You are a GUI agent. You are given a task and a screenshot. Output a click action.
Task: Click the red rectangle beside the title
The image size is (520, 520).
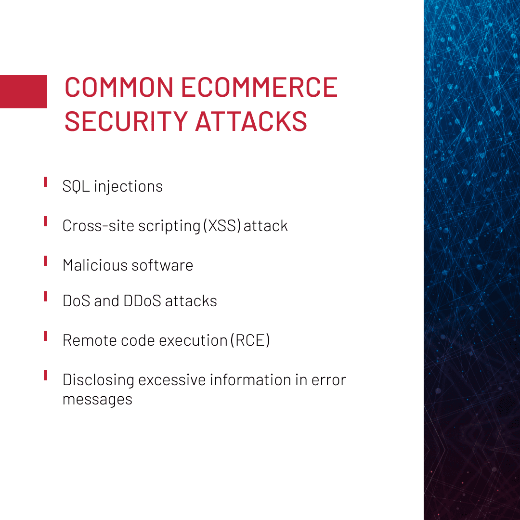24,91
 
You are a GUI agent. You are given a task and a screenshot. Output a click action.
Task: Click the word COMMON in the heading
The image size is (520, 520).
119,87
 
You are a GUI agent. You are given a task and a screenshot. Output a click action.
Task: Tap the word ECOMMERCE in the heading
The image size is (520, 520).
260,87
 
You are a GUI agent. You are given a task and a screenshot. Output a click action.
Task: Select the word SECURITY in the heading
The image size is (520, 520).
126,121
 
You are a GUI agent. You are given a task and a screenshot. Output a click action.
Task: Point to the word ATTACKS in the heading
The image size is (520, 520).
251,121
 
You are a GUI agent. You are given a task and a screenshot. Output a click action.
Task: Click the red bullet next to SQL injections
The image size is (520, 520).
45,182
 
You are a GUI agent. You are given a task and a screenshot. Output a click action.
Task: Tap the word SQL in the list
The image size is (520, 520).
76,186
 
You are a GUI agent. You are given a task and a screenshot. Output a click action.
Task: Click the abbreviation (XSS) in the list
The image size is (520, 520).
222,226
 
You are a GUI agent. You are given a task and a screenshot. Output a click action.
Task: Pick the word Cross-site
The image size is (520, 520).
98,226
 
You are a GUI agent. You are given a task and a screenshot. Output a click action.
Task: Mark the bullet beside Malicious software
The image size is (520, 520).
45,260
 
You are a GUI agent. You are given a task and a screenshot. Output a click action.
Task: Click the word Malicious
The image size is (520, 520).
95,265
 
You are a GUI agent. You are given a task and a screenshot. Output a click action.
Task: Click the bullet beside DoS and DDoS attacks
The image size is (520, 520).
45,297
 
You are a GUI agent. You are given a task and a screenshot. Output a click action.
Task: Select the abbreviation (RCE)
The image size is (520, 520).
250,340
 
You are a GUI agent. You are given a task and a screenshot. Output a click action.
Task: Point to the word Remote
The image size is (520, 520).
90,340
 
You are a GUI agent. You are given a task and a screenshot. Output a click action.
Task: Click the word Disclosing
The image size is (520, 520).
99,380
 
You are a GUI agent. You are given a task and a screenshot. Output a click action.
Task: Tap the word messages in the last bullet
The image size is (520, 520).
97,400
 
